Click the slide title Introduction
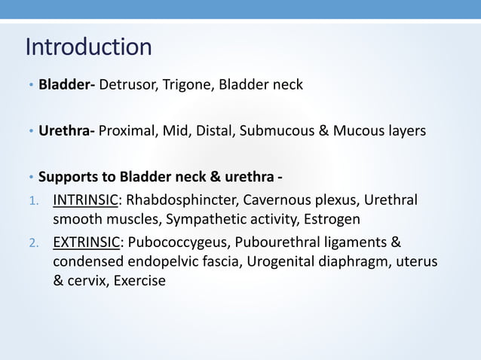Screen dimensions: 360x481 88,47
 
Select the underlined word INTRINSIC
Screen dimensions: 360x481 85,202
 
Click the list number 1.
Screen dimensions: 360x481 32,203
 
